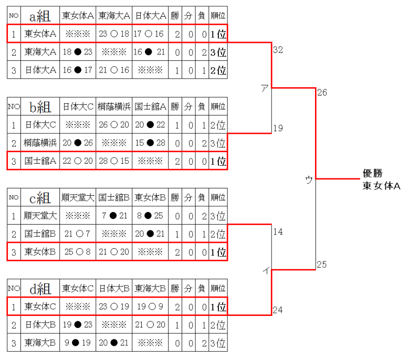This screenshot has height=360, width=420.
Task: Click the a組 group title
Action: [x=40, y=16]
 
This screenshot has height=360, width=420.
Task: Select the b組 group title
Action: [x=40, y=107]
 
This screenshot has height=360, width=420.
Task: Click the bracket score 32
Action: [x=278, y=50]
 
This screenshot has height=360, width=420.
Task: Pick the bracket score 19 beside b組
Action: [x=278, y=128]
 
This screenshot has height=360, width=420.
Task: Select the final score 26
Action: [x=322, y=93]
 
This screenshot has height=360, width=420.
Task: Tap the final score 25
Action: [x=322, y=264]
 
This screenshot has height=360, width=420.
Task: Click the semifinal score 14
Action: [x=278, y=231]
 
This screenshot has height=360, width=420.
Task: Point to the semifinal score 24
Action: [x=278, y=310]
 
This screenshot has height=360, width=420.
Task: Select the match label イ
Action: [x=266, y=271]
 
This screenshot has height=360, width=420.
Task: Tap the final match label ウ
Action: [x=309, y=179]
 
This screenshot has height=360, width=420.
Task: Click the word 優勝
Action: [x=374, y=174]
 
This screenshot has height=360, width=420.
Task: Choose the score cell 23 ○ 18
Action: [x=113, y=34]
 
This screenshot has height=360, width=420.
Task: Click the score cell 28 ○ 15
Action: [x=113, y=161]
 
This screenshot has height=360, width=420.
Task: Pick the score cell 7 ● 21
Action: [x=113, y=215]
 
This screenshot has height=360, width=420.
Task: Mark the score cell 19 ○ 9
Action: [x=150, y=305]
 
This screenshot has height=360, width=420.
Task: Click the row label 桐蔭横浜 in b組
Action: [x=40, y=143]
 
